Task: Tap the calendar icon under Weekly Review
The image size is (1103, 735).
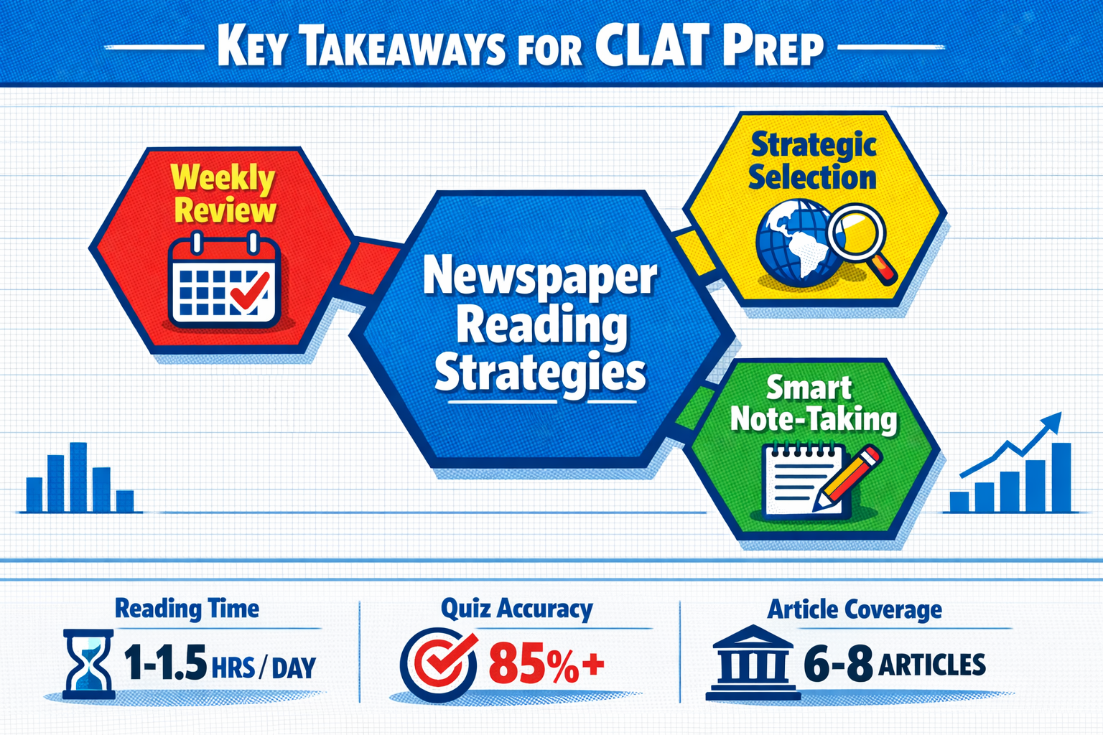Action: click(x=225, y=281)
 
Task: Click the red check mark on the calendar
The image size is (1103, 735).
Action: click(x=250, y=290)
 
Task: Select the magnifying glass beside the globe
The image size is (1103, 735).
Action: click(x=860, y=243)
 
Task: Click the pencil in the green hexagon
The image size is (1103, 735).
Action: click(x=846, y=476)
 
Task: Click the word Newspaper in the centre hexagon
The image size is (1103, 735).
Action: click(x=540, y=278)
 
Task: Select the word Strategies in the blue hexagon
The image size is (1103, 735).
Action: click(x=540, y=374)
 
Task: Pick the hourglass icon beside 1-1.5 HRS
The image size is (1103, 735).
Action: click(x=88, y=664)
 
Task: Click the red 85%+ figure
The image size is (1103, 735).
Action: click(x=546, y=665)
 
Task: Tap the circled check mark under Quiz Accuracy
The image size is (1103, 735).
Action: click(x=438, y=665)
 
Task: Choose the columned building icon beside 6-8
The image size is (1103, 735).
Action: click(x=753, y=662)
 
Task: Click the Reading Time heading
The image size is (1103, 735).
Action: click(x=187, y=609)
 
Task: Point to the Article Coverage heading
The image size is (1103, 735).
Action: click(x=855, y=609)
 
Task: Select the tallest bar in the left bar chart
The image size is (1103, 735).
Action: click(x=78, y=477)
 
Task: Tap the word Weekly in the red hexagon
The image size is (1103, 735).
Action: click(x=223, y=178)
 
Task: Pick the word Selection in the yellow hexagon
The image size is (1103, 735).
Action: click(x=812, y=178)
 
